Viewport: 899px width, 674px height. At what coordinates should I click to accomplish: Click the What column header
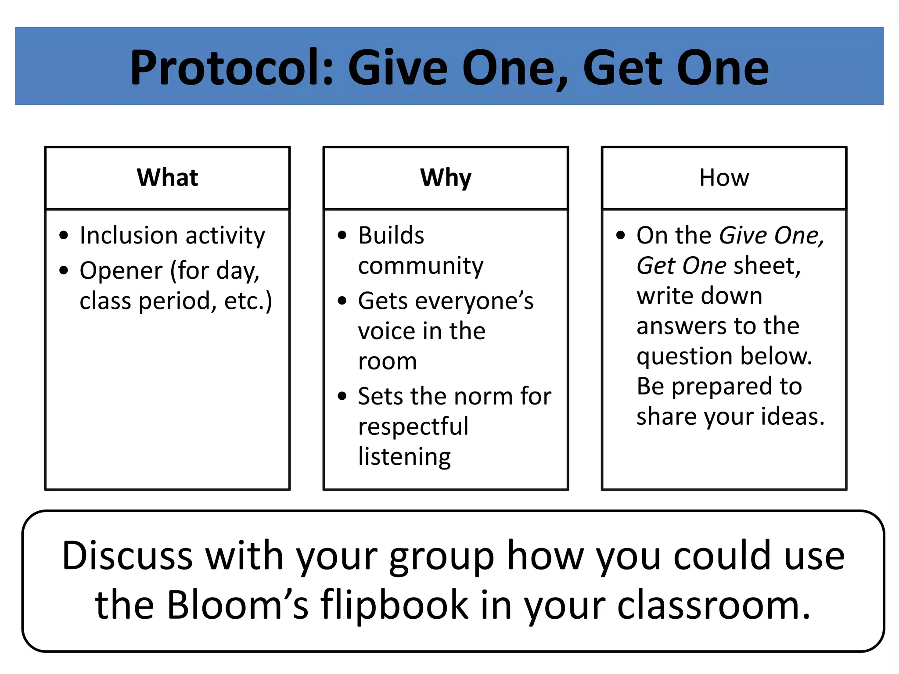pyautogui.click(x=167, y=178)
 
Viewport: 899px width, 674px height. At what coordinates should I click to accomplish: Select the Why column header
pyautogui.click(x=446, y=178)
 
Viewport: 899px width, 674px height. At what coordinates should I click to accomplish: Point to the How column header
pyautogui.click(x=724, y=178)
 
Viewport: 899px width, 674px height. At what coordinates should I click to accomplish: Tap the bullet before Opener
pyautogui.click(x=64, y=270)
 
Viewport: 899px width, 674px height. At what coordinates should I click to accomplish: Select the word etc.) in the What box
pyautogui.click(x=248, y=301)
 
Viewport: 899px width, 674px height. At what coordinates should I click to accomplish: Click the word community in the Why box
pyautogui.click(x=421, y=266)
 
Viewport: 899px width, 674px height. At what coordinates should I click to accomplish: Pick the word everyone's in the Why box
pyautogui.click(x=474, y=301)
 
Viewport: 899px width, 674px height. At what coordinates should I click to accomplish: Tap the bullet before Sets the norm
pyautogui.click(x=342, y=396)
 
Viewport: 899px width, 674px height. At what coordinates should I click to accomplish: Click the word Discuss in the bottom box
pyautogui.click(x=127, y=556)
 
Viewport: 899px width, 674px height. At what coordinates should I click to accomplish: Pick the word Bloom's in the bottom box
pyautogui.click(x=237, y=605)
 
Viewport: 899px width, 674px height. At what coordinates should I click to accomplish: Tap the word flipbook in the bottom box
pyautogui.click(x=395, y=605)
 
